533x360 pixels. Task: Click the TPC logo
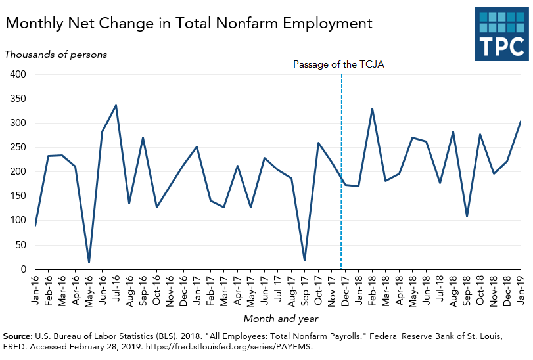point(501,34)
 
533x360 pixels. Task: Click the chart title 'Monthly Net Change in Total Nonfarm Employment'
point(189,24)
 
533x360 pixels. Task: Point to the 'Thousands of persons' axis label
point(56,55)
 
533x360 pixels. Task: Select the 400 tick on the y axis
point(18,74)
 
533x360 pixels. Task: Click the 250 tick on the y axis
point(18,148)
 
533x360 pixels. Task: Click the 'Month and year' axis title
point(281,319)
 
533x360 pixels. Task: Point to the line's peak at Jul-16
point(116,105)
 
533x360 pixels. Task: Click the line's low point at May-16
point(89,262)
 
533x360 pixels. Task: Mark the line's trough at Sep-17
point(305,260)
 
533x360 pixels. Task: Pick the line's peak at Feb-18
point(372,109)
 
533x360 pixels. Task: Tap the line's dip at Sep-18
point(467,216)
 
